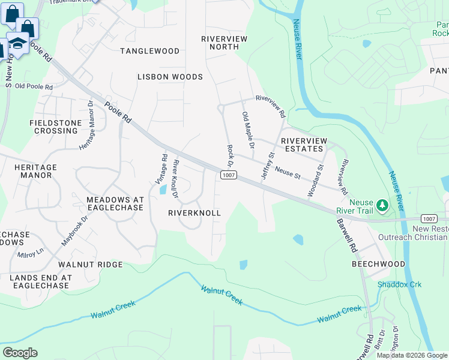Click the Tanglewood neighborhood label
pos(149,51)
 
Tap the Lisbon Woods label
pos(170,77)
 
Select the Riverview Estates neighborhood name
pos(304,145)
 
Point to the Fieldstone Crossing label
pos(55,127)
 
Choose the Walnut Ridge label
pos(91,264)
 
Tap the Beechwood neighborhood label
pos(379,264)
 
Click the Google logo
pos(20,353)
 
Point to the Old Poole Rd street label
pos(34,87)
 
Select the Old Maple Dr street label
pos(249,130)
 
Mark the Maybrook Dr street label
pos(75,231)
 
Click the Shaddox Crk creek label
pos(400,284)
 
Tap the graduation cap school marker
pos(18,44)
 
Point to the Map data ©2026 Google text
pos(412,355)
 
